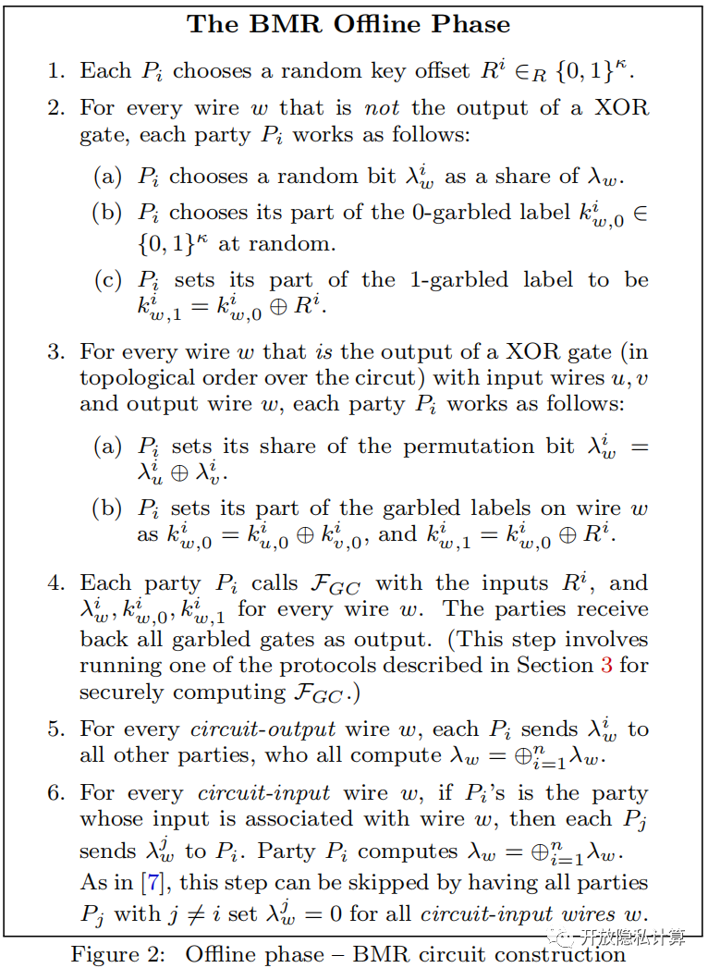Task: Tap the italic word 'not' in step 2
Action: coord(383,107)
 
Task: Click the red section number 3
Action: coord(606,665)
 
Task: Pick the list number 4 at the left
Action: coord(56,583)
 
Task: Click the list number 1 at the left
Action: coord(56,71)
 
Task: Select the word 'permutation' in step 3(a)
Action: coord(481,447)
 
